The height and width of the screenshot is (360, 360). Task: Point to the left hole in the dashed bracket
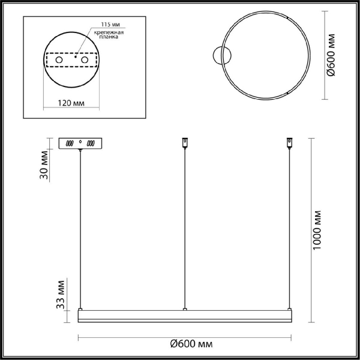pyautogui.click(x=59, y=61)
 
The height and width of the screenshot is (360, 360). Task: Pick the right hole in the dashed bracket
pyautogui.click(x=85, y=61)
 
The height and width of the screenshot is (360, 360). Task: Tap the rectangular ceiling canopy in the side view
pyautogui.click(x=82, y=144)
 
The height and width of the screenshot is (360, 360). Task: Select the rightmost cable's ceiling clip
pyautogui.click(x=289, y=143)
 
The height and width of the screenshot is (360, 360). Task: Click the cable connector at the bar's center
pyautogui.click(x=185, y=310)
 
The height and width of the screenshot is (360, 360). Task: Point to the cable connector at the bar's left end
pyautogui.click(x=80, y=310)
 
